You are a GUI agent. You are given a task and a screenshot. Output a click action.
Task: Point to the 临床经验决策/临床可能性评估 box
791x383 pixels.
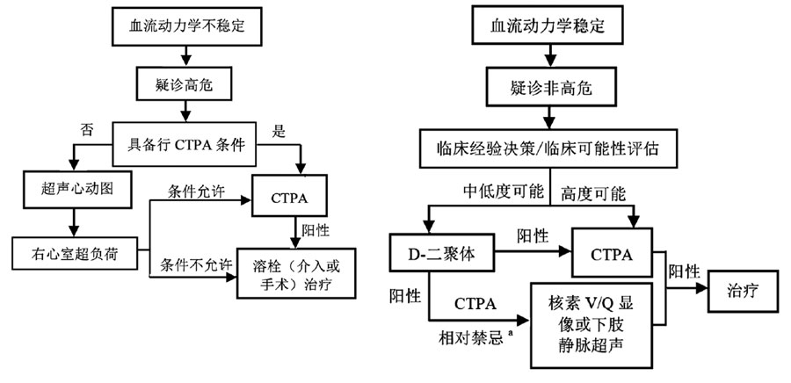(x=550, y=148)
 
